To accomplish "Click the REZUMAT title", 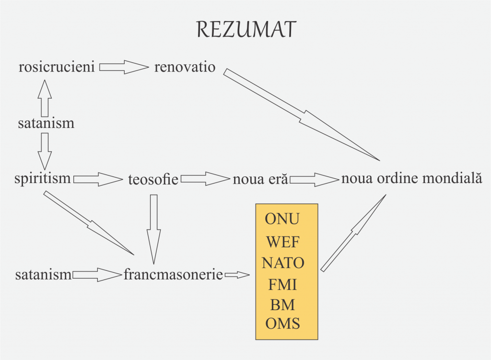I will (246, 30).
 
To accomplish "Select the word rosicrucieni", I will (57, 67).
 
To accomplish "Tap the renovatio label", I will (185, 67).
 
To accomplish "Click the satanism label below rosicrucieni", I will (46, 123).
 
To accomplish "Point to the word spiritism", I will (43, 179).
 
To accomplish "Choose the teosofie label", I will (153, 180).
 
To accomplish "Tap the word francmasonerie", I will (173, 275).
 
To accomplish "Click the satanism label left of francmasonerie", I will (43, 275).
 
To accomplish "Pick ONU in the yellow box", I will (282, 219).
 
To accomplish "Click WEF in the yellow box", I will (283, 242).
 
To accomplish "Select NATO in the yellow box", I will (283, 263).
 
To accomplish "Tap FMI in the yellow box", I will (282, 285).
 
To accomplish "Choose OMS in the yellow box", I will (282, 324).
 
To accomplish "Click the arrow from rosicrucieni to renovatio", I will (124, 67).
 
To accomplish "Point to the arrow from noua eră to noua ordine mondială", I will (314, 179).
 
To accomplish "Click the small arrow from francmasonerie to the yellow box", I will (237, 275).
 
